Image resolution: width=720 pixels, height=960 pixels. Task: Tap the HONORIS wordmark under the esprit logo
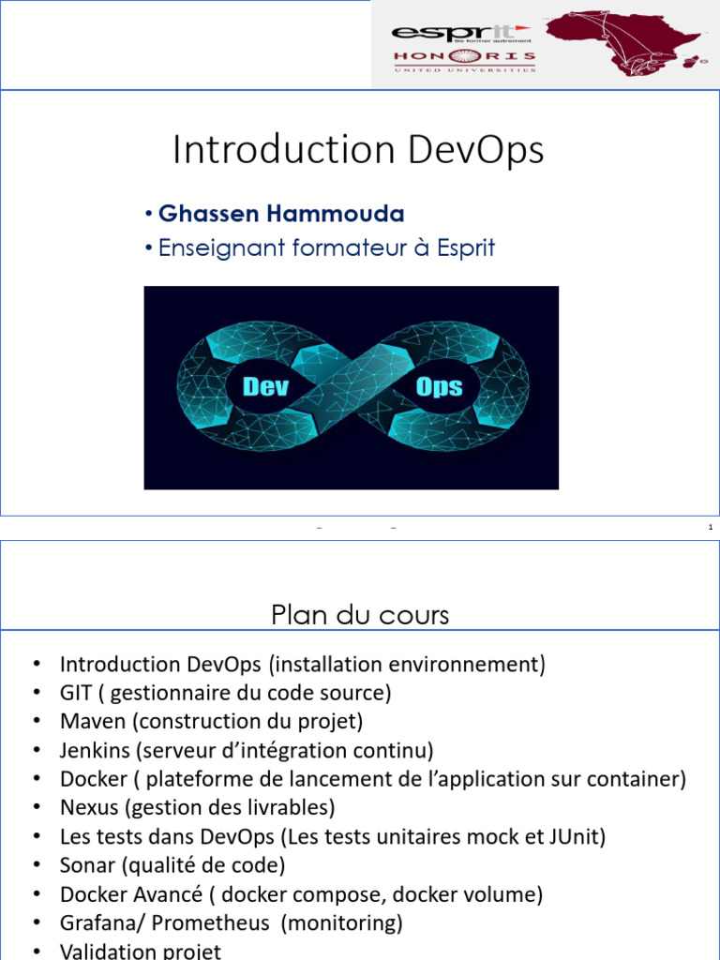(463, 56)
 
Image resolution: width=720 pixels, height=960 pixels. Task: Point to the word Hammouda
(336, 214)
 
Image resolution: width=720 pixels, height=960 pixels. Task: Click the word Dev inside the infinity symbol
(265, 386)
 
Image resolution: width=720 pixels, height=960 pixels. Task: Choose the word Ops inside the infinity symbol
(439, 386)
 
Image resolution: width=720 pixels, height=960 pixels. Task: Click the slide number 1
(711, 529)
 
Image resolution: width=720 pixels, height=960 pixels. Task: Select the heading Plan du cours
(360, 615)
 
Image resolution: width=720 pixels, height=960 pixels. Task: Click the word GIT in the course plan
(76, 693)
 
